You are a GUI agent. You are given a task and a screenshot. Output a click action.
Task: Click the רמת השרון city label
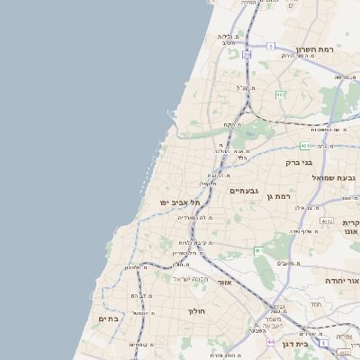pyautogui.click(x=313, y=50)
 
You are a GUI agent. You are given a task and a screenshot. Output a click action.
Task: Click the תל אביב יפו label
pyautogui.click(x=179, y=202)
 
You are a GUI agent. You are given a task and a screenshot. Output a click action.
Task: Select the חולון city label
pyautogui.click(x=197, y=310)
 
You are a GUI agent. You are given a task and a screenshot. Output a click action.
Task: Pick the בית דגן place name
pyautogui.click(x=314, y=343)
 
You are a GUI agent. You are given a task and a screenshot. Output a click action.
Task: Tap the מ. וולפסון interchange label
pyautogui.click(x=137, y=267)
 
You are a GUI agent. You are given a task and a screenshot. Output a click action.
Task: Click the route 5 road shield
pyautogui.click(x=270, y=45)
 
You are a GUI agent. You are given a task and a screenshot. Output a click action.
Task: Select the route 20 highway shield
pyautogui.click(x=247, y=54)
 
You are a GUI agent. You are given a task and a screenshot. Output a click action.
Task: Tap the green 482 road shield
pyautogui.click(x=281, y=94)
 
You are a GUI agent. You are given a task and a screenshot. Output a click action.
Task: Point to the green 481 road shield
pyautogui.click(x=306, y=145)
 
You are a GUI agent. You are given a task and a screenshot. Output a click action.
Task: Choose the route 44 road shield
pyautogui.click(x=271, y=342)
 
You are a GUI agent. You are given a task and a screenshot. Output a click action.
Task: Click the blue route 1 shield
pyautogui.click(x=259, y=250)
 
